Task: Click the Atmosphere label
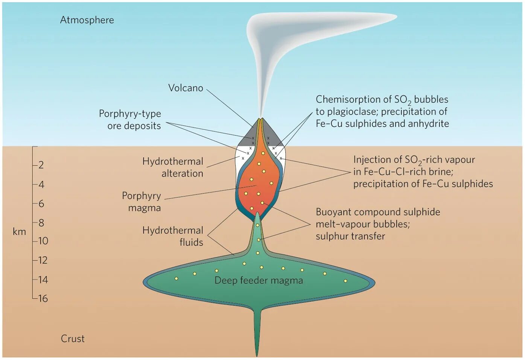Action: [x=87, y=20]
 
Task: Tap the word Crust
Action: [x=73, y=339]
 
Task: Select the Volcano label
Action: [x=186, y=88]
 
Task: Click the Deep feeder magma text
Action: [x=259, y=280]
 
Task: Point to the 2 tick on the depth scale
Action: [x=41, y=165]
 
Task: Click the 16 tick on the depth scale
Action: [x=43, y=299]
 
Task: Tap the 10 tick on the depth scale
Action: [x=43, y=241]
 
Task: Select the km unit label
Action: [x=19, y=232]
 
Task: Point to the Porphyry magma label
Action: [x=142, y=202]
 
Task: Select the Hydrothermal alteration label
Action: [x=173, y=167]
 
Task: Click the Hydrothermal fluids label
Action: [x=173, y=236]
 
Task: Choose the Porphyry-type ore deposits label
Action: [x=130, y=120]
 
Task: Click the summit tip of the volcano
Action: [x=260, y=119]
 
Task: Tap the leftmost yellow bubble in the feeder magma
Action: [x=176, y=278]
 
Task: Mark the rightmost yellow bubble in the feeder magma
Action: [x=345, y=281]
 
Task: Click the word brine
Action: [x=440, y=172]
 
